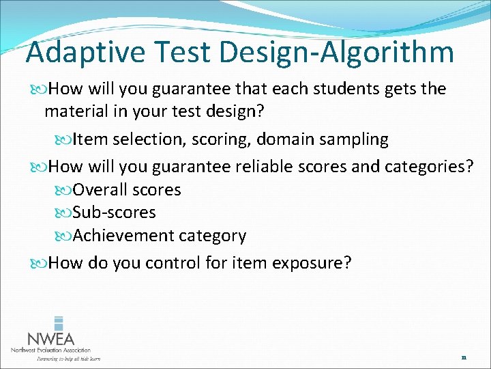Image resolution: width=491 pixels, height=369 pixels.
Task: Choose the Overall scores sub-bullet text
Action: click(127, 190)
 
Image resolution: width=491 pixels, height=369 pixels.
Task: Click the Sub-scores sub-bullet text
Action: click(114, 213)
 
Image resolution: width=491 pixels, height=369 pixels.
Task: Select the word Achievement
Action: click(123, 236)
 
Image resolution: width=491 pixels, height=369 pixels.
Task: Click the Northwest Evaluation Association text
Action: click(50, 350)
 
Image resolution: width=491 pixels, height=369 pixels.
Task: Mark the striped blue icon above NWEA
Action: click(59, 323)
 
